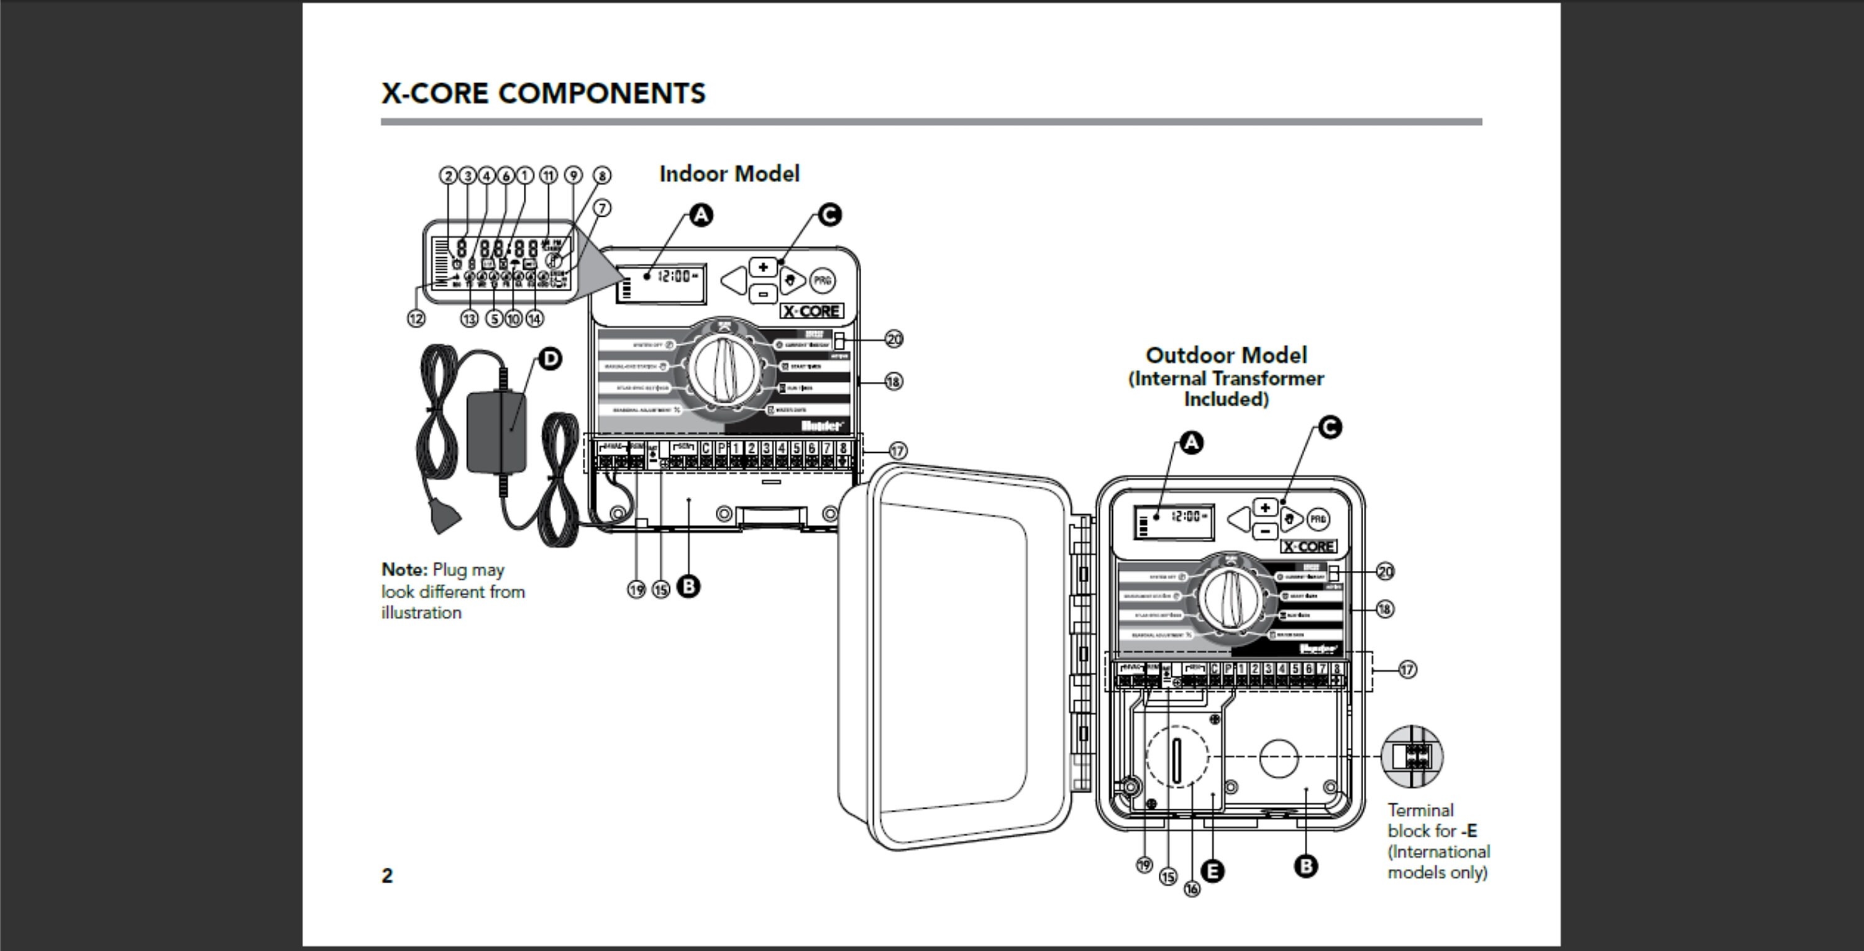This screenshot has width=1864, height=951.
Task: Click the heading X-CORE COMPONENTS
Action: point(542,93)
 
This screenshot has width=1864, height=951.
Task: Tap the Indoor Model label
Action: point(729,175)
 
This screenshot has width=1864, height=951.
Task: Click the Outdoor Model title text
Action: point(1226,355)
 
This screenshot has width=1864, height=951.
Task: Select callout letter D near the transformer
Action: point(551,358)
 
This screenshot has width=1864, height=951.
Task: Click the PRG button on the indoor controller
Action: point(821,281)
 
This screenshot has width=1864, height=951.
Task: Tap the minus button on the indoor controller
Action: point(762,294)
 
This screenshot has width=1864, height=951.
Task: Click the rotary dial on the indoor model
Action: point(724,370)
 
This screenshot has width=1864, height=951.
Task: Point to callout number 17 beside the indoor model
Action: point(897,450)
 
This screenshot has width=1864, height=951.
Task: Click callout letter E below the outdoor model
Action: point(1213,871)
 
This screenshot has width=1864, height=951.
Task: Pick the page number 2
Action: point(387,876)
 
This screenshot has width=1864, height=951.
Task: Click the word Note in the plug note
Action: point(404,570)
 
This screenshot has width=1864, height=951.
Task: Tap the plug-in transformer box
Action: point(496,432)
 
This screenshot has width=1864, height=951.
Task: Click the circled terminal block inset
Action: point(1412,757)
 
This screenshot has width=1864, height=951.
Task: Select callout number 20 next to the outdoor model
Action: point(1384,571)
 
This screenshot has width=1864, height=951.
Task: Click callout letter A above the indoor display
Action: point(700,216)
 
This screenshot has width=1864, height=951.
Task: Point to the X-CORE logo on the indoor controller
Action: point(811,312)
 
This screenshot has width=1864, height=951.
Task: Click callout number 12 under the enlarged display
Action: point(416,318)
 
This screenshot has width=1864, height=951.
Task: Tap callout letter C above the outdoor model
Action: point(1330,427)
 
